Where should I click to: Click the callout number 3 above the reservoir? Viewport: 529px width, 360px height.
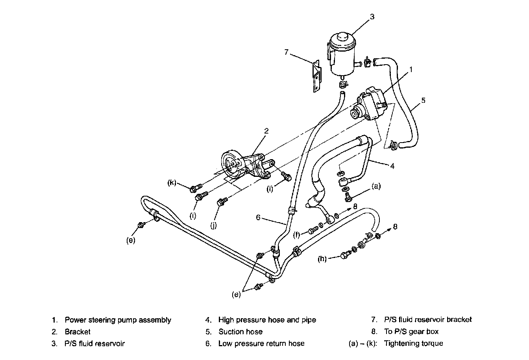(x=372, y=17)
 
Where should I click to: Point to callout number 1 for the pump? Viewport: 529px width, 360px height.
(x=411, y=69)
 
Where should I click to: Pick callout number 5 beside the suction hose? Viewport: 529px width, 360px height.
(x=423, y=100)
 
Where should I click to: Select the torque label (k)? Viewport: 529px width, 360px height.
(x=172, y=183)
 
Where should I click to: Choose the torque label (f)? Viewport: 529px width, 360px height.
(x=298, y=236)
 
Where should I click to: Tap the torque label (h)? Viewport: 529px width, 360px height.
(x=323, y=259)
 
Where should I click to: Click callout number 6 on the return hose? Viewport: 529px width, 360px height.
(x=259, y=217)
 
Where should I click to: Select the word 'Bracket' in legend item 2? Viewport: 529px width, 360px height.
(x=78, y=332)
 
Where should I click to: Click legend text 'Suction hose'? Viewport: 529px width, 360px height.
(x=240, y=332)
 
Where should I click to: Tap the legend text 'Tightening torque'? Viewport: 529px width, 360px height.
(x=413, y=343)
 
